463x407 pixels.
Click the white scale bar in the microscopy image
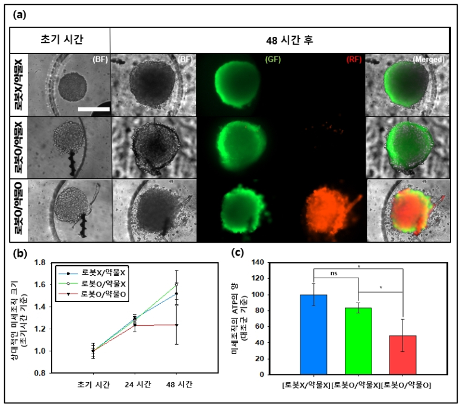[x=93, y=109]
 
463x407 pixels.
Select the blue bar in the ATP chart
[x=313, y=335]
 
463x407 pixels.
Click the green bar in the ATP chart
[x=359, y=341]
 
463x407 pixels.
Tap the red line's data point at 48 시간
[x=176, y=325]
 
